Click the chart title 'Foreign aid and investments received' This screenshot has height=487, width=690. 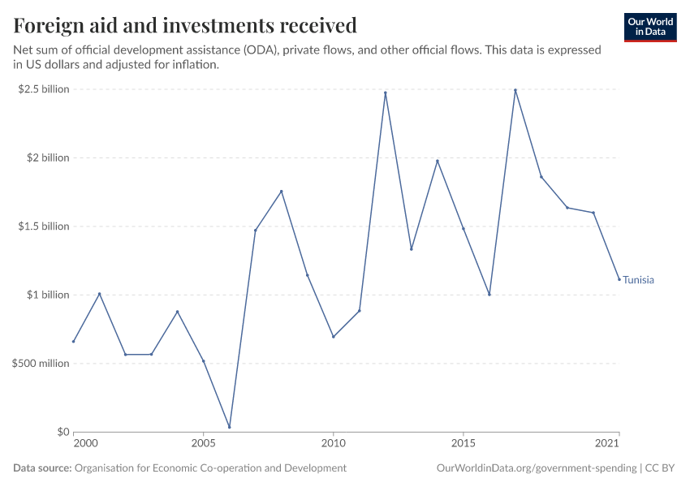[185, 26]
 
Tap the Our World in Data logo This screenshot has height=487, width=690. [649, 27]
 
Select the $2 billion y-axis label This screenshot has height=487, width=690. [47, 157]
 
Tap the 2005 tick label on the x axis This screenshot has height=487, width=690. [203, 444]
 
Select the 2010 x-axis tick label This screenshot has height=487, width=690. [333, 444]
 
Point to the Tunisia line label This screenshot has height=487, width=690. [638, 280]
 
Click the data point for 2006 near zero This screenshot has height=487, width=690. [230, 427]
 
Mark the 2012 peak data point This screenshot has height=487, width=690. [386, 93]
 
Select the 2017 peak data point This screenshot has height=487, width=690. [515, 90]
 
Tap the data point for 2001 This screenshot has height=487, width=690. [99, 294]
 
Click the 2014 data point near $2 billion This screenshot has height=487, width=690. [438, 161]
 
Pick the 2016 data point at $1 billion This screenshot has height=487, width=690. [489, 295]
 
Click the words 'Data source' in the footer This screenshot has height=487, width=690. [42, 468]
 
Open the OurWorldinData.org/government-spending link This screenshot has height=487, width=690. [536, 468]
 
